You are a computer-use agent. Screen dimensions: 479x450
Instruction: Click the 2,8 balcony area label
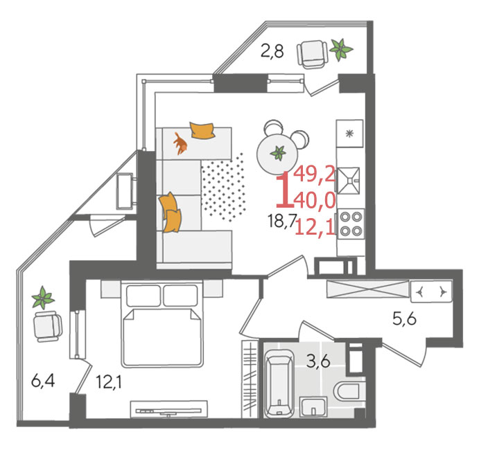(272, 51)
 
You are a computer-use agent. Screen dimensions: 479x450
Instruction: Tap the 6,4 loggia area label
(43, 381)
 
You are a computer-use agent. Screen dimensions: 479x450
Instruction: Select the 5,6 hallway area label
(404, 319)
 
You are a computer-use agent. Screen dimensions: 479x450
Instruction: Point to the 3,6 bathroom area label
(319, 361)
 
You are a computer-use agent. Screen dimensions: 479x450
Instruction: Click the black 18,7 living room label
(281, 221)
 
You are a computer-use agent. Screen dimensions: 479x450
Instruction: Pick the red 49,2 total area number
(315, 174)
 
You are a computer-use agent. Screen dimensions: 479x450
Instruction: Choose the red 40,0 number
(315, 201)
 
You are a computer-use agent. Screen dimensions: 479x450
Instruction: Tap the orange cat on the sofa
(180, 143)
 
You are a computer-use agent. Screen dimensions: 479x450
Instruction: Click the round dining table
(277, 154)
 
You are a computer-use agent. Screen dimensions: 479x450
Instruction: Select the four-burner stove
(351, 224)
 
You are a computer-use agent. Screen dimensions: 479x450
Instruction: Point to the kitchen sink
(349, 181)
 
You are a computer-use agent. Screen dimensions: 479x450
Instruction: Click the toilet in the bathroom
(347, 391)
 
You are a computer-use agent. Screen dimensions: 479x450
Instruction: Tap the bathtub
(279, 384)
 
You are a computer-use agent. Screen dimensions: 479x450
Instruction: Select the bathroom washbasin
(313, 406)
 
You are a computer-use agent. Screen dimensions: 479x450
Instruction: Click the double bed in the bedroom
(162, 324)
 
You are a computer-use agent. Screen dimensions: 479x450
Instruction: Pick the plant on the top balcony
(341, 49)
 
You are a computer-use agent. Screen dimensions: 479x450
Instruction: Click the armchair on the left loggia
(48, 327)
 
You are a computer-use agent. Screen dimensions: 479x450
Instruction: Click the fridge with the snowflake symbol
(350, 134)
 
